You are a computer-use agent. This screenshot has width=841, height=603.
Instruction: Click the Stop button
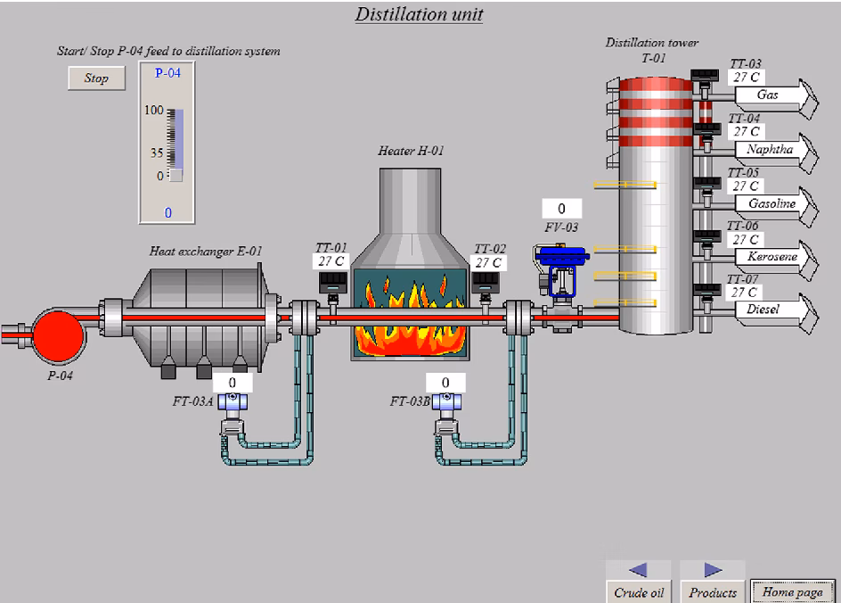96,78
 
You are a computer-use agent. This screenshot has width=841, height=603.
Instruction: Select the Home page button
792,591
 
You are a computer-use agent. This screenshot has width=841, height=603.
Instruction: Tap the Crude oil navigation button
639,582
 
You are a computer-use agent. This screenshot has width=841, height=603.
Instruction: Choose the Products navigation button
713,582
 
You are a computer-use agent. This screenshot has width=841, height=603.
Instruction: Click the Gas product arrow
773,95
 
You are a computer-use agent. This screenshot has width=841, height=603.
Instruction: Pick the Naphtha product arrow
773,150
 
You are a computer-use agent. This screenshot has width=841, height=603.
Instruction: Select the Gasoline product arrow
773,204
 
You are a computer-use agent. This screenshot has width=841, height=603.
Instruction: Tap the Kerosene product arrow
773,258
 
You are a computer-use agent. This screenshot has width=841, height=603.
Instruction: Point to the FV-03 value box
561,210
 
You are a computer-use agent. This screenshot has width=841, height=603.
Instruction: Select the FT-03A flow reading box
232,383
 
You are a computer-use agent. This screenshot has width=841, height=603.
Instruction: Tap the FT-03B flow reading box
445,383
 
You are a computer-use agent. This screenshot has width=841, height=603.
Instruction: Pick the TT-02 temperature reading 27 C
488,263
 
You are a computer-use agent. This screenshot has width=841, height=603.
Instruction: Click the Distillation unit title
419,14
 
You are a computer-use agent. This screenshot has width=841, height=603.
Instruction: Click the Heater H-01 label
411,151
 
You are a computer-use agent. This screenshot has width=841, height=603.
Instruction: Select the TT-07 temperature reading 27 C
744,293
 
